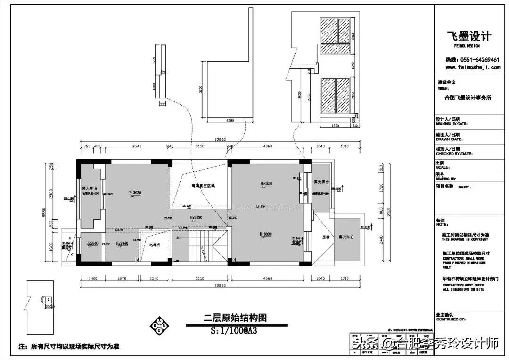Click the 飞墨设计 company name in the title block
tap(468, 36)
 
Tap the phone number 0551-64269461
tap(473, 60)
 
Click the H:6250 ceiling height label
tap(267, 183)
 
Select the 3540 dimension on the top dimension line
tap(137, 146)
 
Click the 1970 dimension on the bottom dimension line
tap(121, 279)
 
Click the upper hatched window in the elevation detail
tap(335, 37)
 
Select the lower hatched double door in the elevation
tap(335, 96)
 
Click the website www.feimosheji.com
tap(473, 67)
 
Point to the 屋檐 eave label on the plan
tap(325, 237)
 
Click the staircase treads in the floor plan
tap(198, 247)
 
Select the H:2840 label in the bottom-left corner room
tap(92, 243)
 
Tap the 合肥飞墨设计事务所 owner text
tap(468, 98)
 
